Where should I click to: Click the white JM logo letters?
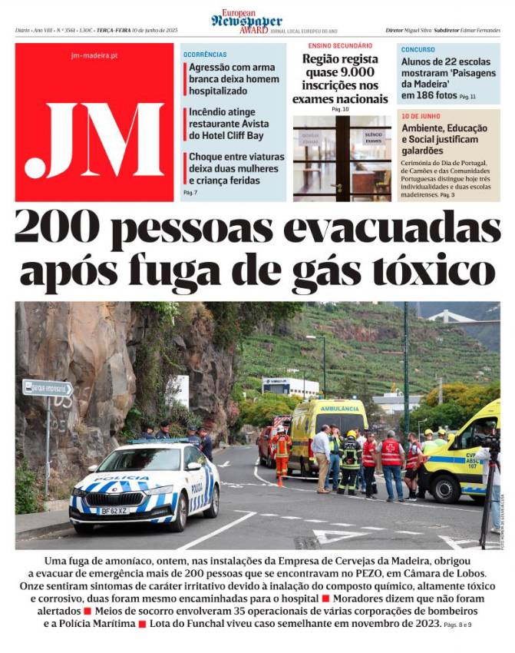tap(94, 139)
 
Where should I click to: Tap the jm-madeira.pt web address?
tap(94, 55)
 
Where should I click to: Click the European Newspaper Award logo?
tap(246, 21)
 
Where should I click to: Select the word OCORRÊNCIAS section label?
tap(205, 55)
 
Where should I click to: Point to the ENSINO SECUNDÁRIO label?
tap(340, 46)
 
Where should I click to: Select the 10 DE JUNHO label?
tap(421, 116)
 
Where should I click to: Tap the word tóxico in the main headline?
tap(440, 270)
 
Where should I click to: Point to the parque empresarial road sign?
tap(48, 388)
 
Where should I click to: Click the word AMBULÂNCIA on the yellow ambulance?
tap(339, 409)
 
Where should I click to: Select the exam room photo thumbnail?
tap(342, 157)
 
